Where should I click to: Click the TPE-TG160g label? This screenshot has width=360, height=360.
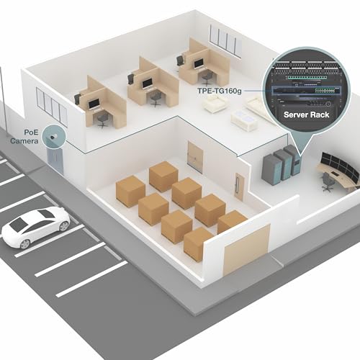220,91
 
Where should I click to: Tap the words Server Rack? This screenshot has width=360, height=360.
306,114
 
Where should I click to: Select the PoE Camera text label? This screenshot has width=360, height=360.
24,137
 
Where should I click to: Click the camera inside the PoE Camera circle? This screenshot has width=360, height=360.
53,137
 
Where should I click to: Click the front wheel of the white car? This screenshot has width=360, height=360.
25,244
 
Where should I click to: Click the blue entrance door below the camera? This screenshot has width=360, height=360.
55,161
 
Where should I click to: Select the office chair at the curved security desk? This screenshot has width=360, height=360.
328,181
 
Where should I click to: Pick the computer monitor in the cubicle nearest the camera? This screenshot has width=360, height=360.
94,104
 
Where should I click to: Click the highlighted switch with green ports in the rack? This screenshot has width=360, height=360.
306,91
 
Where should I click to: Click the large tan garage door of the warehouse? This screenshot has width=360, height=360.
246,250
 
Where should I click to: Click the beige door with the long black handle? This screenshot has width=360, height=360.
239,187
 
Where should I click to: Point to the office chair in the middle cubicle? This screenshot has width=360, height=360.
156,99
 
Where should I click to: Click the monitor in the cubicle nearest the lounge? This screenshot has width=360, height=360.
199,64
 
